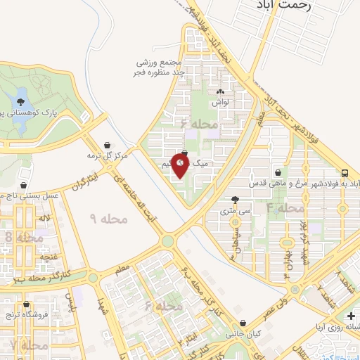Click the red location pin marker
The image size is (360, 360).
tap(180, 165)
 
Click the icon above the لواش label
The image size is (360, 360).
tap(221, 92)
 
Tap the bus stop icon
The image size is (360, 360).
tap(345, 172)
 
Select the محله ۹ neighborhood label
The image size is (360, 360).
tap(110, 219)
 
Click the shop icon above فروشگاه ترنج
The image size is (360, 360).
tap(27, 304)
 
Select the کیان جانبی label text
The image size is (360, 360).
tap(239, 335)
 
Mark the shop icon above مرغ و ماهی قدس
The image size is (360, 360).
tap(279, 173)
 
